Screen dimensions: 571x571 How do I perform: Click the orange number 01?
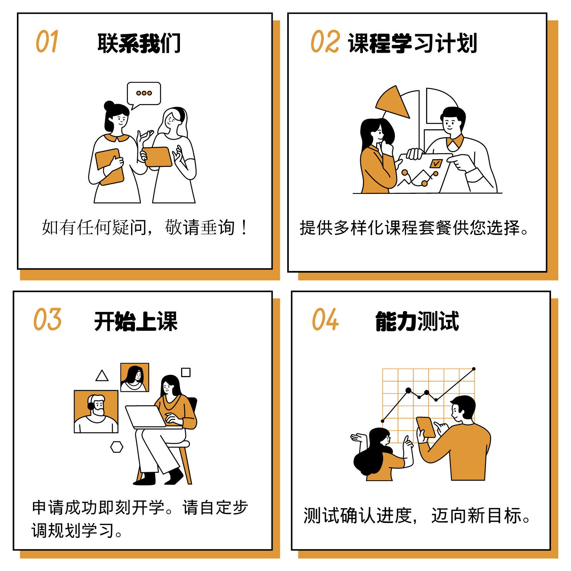pyautogui.click(x=47, y=42)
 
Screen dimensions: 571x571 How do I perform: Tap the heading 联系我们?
pyautogui.click(x=139, y=43)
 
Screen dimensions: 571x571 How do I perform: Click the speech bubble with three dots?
pyautogui.click(x=144, y=95)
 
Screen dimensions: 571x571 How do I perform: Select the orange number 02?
pyautogui.click(x=325, y=42)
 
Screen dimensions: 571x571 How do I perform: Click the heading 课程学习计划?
pyautogui.click(x=413, y=43)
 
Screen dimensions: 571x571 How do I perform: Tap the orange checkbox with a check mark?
pyautogui.click(x=436, y=164)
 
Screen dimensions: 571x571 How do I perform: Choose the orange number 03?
pyautogui.click(x=47, y=319)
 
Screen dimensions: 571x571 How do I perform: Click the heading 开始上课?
pyautogui.click(x=136, y=321)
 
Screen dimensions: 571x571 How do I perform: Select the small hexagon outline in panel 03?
pyautogui.click(x=117, y=447)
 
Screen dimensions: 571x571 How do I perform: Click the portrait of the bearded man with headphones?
pyautogui.click(x=96, y=411)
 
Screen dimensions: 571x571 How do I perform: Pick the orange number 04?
pyautogui.click(x=325, y=319)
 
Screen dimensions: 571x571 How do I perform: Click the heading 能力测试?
pyautogui.click(x=417, y=321)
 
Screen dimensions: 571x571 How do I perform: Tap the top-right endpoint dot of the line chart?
pyautogui.click(x=474, y=369)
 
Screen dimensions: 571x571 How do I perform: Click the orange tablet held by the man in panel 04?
pyautogui.click(x=426, y=427)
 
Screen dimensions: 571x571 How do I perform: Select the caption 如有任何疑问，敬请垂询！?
pyautogui.click(x=145, y=227)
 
